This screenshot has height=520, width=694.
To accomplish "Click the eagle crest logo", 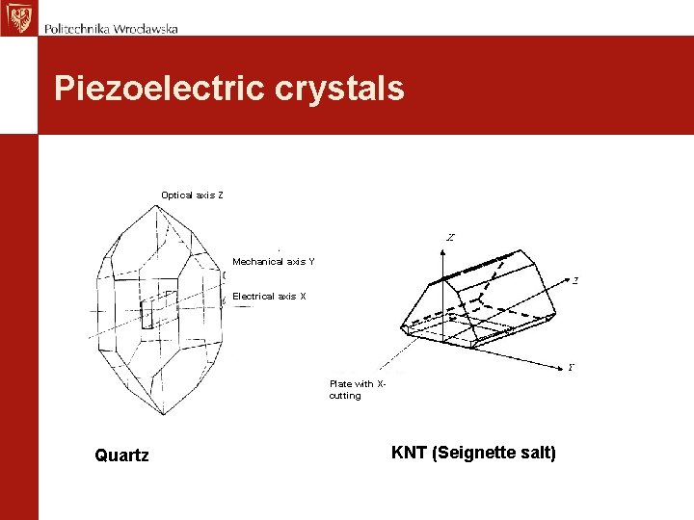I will click(x=17, y=17).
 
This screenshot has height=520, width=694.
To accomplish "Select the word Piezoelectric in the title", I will click(x=158, y=89).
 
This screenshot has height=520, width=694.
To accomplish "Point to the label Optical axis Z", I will click(x=192, y=195).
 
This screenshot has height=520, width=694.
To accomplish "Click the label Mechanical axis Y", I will click(x=273, y=262).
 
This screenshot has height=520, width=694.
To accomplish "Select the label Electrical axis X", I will click(x=269, y=297).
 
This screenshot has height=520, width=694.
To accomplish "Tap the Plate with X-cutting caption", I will click(x=357, y=389).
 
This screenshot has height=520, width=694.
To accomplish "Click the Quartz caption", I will click(x=121, y=455).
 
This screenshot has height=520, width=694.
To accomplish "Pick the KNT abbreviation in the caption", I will click(x=409, y=453).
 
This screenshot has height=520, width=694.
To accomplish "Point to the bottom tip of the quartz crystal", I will click(x=163, y=414).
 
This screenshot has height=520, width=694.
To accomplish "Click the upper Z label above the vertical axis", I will click(x=450, y=237).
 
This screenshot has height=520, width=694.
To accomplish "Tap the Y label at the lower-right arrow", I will click(x=572, y=367).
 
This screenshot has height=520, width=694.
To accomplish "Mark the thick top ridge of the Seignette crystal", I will click(x=477, y=266).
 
